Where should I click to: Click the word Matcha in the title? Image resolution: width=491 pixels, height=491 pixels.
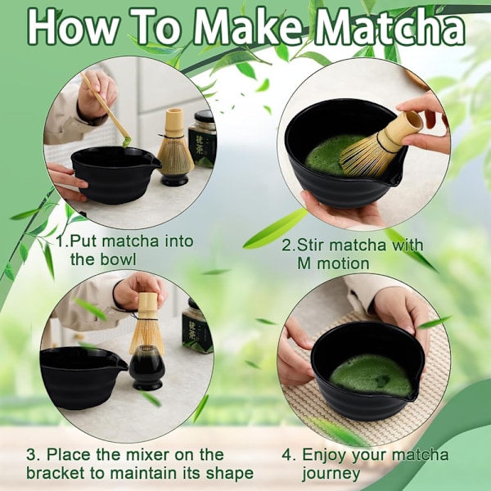point(390,28)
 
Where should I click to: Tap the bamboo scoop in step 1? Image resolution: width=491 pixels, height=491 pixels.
point(106,109)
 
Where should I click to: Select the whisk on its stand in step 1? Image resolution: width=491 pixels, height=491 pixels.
point(175,147)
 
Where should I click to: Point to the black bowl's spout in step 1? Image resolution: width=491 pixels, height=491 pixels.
point(155,163)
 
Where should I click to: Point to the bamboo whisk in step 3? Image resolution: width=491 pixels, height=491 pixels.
point(146,322)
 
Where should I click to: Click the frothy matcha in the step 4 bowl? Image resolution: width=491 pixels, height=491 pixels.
point(371,375)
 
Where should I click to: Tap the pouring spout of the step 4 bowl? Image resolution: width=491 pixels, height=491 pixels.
point(411,395)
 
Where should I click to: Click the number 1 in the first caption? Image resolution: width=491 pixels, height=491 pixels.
point(61,241)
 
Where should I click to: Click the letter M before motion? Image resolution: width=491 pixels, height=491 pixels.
point(304,264)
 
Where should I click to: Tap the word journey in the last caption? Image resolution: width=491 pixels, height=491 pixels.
point(331,474)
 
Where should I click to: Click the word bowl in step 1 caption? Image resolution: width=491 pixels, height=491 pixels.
point(119,259)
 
